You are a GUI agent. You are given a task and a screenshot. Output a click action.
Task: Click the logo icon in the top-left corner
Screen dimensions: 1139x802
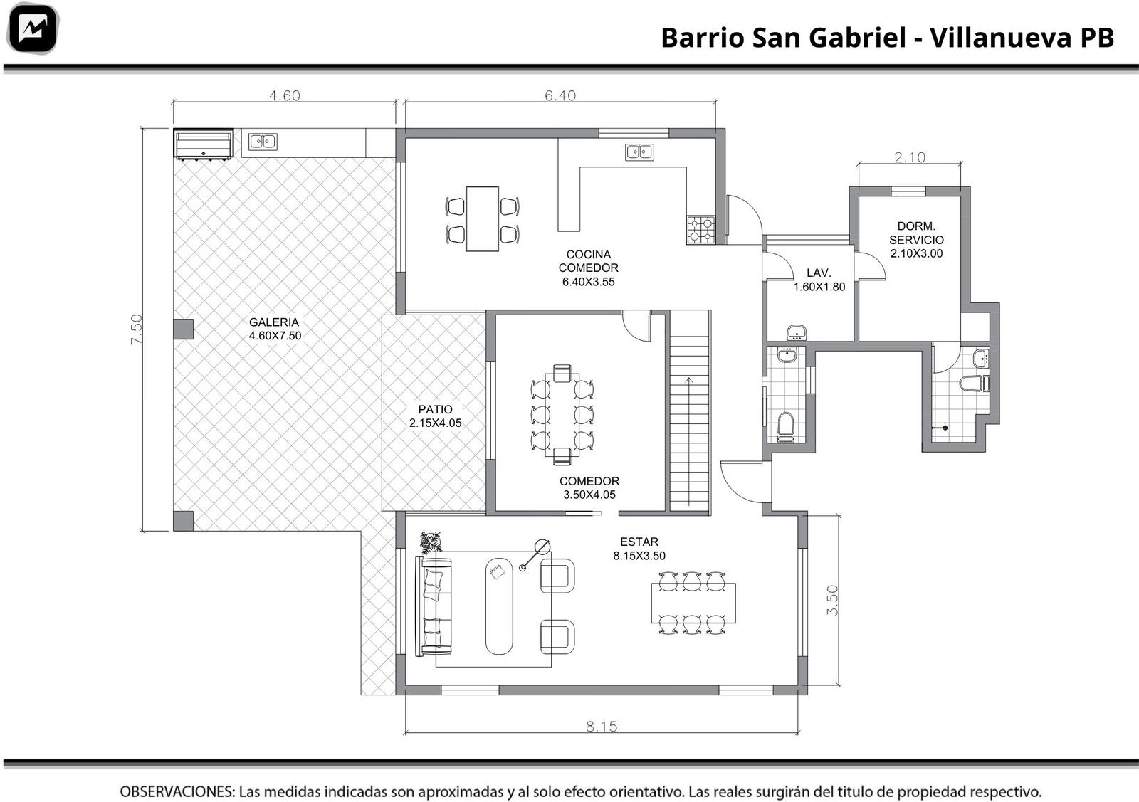click(33, 28)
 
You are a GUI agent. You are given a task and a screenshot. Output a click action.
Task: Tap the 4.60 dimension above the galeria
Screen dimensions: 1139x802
click(285, 95)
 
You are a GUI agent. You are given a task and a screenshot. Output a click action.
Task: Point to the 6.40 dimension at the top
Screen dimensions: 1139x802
click(560, 95)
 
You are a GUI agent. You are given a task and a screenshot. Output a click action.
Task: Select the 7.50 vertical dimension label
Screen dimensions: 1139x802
click(136, 329)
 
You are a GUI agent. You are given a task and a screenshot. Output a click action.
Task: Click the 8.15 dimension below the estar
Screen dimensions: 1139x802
click(602, 727)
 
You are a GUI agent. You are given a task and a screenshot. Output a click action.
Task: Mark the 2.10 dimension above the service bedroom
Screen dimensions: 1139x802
click(910, 157)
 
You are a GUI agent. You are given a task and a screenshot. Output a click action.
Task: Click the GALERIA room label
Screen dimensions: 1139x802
click(274, 322)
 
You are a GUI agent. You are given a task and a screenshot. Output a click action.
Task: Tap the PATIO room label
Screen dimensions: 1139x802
click(435, 409)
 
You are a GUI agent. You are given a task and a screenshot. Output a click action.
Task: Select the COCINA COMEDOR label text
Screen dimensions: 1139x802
click(588, 260)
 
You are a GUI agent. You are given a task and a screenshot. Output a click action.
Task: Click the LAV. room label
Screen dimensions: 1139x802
click(819, 273)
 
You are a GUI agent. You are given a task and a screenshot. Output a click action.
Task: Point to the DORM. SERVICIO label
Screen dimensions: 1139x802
click(916, 233)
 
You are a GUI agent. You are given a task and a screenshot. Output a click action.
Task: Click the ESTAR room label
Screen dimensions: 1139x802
click(639, 542)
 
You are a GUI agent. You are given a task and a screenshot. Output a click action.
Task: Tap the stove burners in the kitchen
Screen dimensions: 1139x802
click(700, 230)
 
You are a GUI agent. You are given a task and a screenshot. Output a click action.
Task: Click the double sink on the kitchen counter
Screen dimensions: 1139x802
click(640, 152)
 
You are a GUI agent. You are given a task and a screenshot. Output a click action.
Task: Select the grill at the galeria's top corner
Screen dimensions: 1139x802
click(204, 144)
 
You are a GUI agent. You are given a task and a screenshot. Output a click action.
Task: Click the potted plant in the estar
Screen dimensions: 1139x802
click(431, 542)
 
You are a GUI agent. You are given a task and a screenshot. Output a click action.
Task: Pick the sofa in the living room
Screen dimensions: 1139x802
click(434, 606)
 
